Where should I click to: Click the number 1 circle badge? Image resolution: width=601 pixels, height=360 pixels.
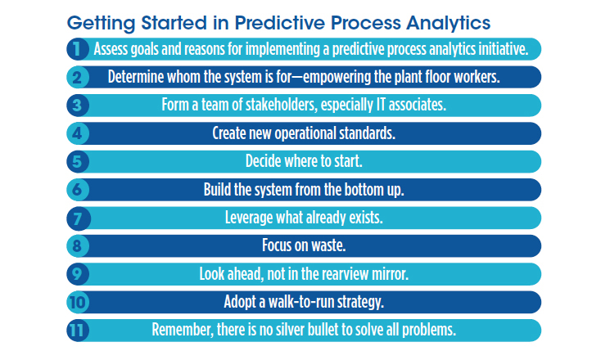(77, 49)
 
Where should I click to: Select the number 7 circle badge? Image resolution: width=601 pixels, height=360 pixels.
(77, 218)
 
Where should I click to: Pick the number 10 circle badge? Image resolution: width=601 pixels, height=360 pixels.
(77, 302)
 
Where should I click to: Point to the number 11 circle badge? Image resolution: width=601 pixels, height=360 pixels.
(77, 330)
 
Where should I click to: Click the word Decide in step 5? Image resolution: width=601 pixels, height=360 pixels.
(264, 161)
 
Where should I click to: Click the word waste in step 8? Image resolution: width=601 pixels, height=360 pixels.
(330, 245)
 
